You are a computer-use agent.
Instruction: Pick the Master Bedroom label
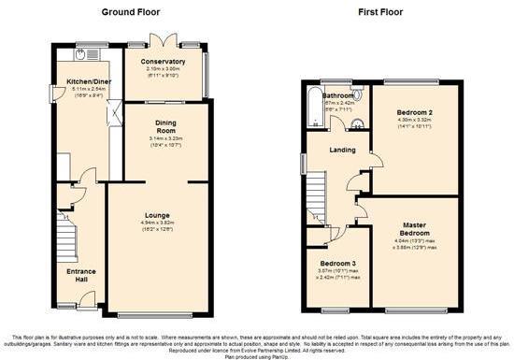(x=416, y=227)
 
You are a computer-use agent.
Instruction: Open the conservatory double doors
(x=165, y=41)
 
